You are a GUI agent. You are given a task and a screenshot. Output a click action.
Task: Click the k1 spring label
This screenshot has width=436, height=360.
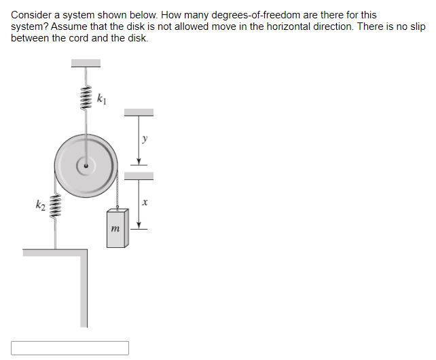click(101, 100)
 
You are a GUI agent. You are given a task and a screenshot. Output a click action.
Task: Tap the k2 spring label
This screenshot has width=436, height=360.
click(41, 204)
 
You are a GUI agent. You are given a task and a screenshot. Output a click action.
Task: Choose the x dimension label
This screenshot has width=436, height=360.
click(144, 202)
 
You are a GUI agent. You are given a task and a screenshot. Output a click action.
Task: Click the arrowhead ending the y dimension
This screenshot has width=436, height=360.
click(139, 162)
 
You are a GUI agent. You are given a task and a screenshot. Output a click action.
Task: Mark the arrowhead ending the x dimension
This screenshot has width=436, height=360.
click(139, 226)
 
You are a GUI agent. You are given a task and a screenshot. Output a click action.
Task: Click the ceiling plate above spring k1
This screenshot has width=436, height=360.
click(86, 63)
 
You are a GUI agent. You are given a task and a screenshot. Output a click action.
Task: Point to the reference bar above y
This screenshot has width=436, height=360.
click(139, 112)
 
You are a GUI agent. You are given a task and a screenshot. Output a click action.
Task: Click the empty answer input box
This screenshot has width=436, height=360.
click(70, 348)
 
